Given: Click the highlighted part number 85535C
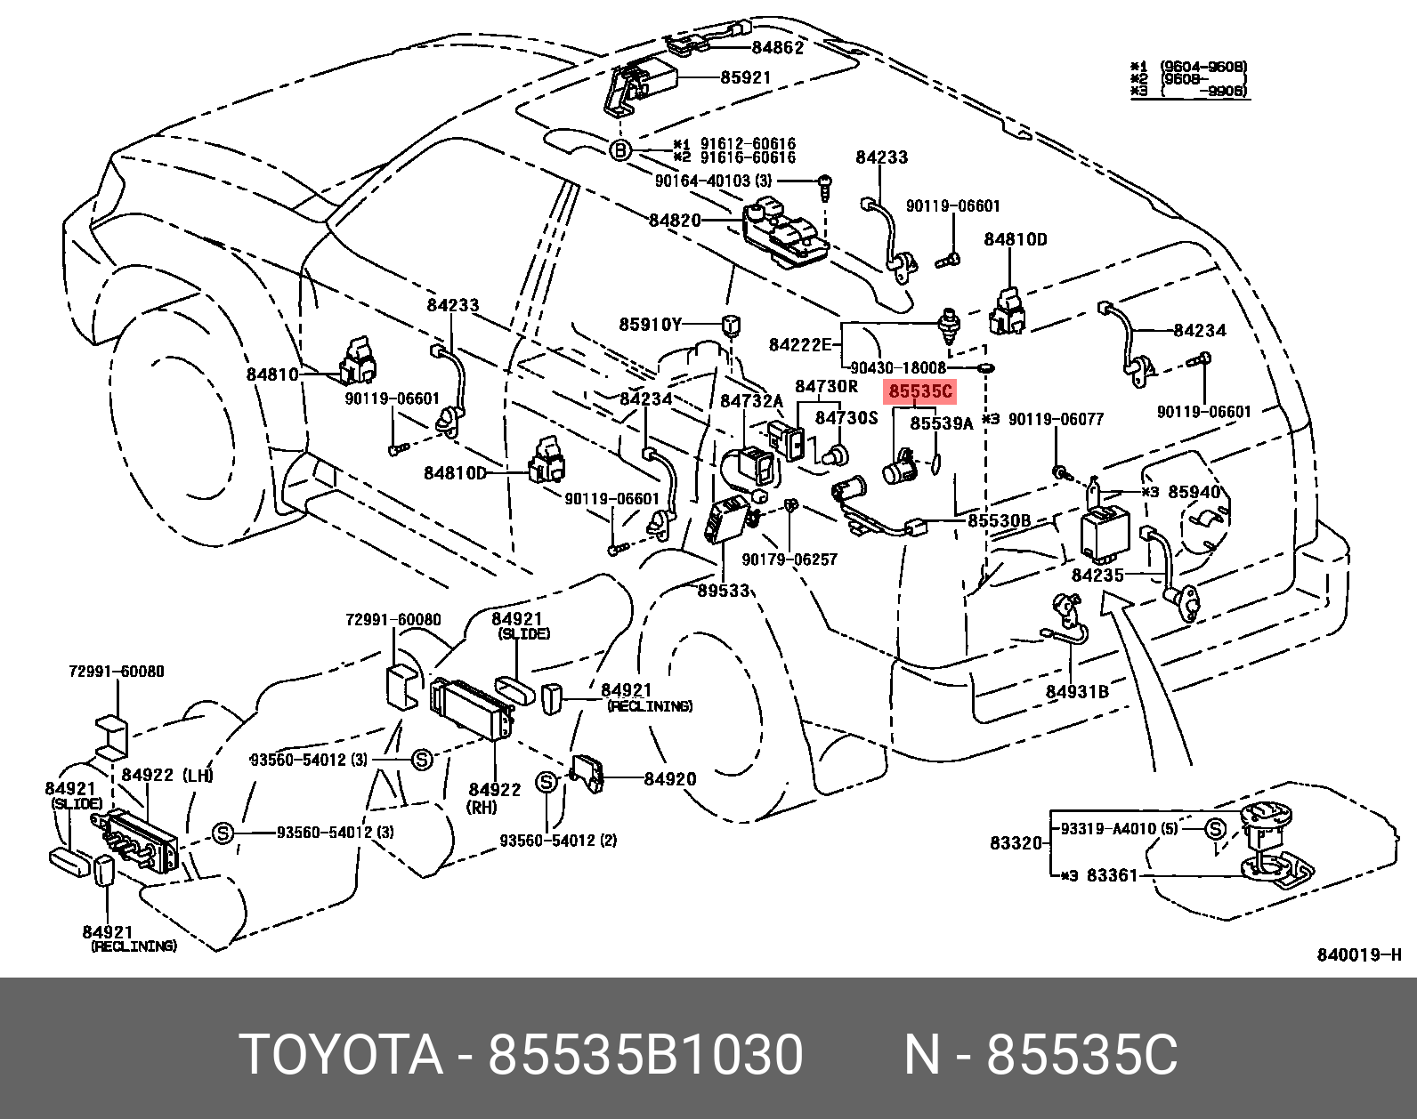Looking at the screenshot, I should [x=920, y=391].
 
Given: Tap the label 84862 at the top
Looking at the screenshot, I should [x=777, y=48].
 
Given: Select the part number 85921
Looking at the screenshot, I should [x=745, y=77].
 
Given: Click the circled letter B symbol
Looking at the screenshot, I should [x=620, y=150].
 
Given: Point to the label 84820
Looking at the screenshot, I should [x=675, y=220].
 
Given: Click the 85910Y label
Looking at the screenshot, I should [x=650, y=325].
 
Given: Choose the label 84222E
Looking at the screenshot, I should [x=799, y=345].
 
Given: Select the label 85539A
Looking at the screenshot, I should [x=941, y=424].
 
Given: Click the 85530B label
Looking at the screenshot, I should [x=999, y=520].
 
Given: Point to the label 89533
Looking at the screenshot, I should [x=723, y=591].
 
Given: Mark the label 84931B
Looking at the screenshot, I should [x=1076, y=691].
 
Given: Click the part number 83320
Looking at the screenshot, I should [x=1016, y=842].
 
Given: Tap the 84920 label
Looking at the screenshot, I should [x=669, y=779].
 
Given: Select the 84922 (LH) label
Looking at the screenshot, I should [x=167, y=775].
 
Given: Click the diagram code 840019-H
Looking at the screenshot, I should [x=1358, y=955].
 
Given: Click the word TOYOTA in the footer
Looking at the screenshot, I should [x=341, y=1056].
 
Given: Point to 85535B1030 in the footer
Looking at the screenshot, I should [x=645, y=1056].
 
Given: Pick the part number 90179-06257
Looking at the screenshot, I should [x=789, y=559].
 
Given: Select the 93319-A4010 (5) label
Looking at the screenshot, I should [x=1119, y=829].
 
